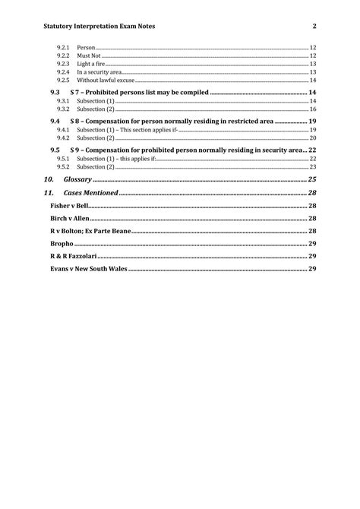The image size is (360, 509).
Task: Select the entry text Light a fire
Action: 92,64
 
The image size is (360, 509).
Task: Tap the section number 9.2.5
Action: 63,80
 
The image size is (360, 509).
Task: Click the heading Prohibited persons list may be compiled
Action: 145,92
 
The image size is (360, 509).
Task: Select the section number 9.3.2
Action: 63,109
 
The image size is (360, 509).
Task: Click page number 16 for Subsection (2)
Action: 312,109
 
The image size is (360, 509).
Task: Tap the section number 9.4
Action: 55,121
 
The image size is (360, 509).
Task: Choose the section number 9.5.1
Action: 63,159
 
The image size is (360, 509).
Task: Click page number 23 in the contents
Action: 312,167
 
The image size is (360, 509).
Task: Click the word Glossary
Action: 77,179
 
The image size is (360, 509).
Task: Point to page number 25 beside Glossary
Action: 312,179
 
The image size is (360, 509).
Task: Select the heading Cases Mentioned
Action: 91,193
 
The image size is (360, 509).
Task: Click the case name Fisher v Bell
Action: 70,206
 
